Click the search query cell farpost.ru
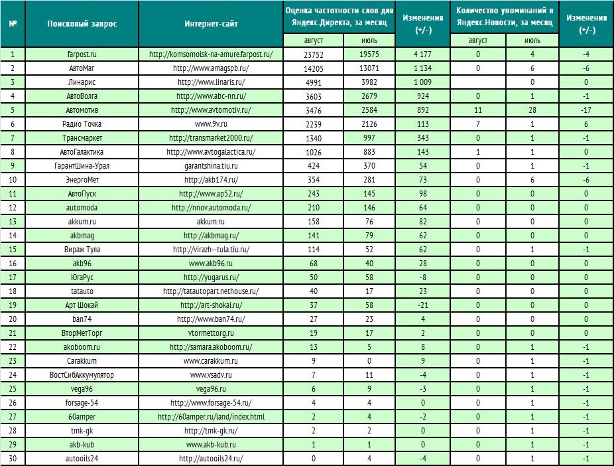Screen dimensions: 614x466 [x=82, y=54]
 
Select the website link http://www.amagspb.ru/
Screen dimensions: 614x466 [x=211, y=68]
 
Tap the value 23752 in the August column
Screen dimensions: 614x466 [x=313, y=54]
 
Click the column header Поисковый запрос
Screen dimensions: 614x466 [x=82, y=23]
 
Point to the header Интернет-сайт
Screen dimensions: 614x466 [x=211, y=23]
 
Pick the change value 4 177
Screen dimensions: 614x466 [x=422, y=54]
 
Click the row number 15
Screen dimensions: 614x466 [x=13, y=250]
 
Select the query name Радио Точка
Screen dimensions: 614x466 [x=82, y=124]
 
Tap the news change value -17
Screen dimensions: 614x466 [x=585, y=110]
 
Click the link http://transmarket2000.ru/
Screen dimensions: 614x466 [x=211, y=138]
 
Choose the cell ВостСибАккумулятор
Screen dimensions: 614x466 [x=82, y=375]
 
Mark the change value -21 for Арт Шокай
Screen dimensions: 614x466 [x=422, y=305]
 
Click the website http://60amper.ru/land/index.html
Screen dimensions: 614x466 [x=211, y=417]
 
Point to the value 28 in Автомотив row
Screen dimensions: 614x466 [x=532, y=110]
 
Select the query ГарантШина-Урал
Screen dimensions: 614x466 [x=82, y=166]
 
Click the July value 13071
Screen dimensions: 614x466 [x=369, y=68]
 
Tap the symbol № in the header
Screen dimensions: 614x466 [x=13, y=23]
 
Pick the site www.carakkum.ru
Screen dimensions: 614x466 [x=211, y=361]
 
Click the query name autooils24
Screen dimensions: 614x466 [x=82, y=459]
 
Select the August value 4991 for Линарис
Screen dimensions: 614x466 [x=313, y=82]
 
